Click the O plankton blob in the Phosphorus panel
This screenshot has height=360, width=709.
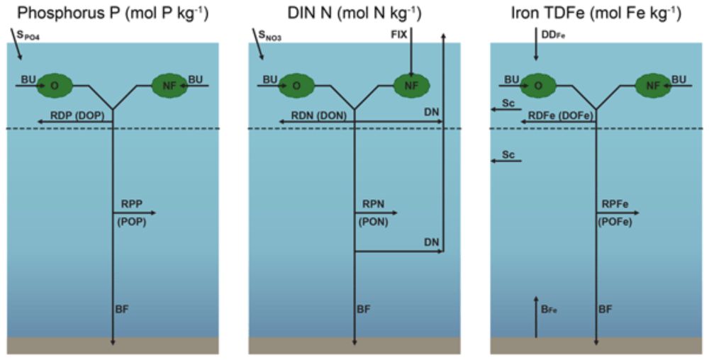point(55,85)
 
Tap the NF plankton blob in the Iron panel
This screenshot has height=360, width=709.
point(653,85)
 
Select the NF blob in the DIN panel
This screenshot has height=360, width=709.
point(411,85)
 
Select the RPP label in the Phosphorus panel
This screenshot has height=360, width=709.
point(132,205)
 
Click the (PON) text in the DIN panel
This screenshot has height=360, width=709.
point(374,223)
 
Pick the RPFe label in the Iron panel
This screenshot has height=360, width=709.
point(615,205)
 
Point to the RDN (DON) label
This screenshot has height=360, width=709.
point(319,116)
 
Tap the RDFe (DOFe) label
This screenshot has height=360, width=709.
point(561,116)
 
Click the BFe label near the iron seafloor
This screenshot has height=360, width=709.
point(550,310)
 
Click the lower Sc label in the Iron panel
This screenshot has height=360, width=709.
point(508,154)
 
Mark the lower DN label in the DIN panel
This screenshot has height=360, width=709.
point(432,242)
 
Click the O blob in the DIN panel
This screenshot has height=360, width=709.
point(296,85)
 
